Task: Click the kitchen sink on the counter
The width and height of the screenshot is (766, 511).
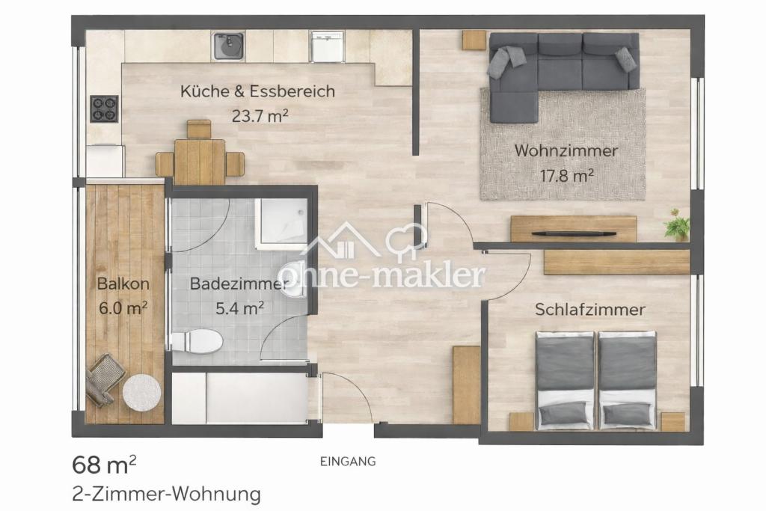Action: (x=230, y=46)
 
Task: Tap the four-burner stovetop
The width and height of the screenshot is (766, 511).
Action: (x=105, y=108)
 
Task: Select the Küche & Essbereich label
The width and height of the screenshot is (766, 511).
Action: (x=257, y=91)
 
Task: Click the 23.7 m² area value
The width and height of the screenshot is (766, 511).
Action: (x=260, y=116)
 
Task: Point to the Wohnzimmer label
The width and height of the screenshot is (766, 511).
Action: (x=566, y=150)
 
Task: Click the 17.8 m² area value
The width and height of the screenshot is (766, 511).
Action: (x=567, y=175)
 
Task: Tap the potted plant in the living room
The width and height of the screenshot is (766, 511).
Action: (x=677, y=224)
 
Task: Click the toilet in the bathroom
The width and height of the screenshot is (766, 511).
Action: (x=197, y=340)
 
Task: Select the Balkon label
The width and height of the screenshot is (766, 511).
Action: (x=123, y=284)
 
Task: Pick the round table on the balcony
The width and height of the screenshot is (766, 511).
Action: (x=141, y=392)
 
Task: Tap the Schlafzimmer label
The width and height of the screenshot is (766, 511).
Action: (x=590, y=309)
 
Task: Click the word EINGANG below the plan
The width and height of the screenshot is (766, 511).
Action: (x=348, y=461)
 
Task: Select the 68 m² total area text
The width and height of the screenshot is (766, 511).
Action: (x=104, y=465)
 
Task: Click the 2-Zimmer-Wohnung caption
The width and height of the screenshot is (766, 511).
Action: (x=166, y=494)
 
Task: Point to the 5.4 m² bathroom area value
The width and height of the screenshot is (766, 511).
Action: (x=240, y=307)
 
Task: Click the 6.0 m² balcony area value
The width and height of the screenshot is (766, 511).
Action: (x=123, y=308)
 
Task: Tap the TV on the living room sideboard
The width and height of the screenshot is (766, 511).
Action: (x=574, y=234)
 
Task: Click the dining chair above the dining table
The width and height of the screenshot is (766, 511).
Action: (x=199, y=129)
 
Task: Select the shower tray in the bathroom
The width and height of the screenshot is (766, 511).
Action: (x=281, y=224)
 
